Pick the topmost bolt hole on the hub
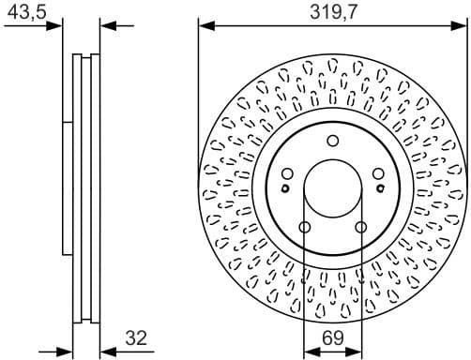(333, 141)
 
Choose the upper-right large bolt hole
(378, 172)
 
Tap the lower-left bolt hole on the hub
(305, 227)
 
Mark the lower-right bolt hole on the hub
(361, 227)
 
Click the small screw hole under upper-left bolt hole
(288, 185)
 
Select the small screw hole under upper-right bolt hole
(378, 185)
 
